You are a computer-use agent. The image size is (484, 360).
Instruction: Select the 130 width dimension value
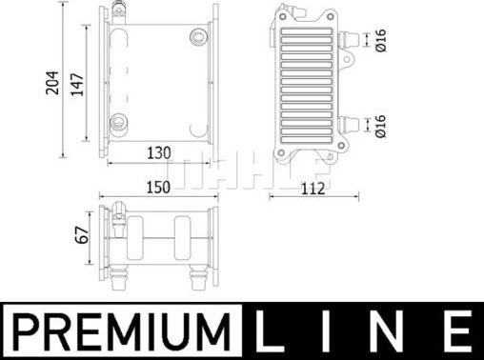158,151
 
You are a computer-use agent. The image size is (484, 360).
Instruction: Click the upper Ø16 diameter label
379,40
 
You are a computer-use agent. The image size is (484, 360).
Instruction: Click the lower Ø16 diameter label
379,125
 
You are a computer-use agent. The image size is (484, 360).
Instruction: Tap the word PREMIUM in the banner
126,334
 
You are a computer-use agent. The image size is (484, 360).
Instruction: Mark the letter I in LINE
332,334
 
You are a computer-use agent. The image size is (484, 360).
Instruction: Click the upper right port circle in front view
197,38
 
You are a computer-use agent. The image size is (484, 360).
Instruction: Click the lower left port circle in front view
120,121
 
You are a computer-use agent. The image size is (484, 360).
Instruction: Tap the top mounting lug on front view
119,11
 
